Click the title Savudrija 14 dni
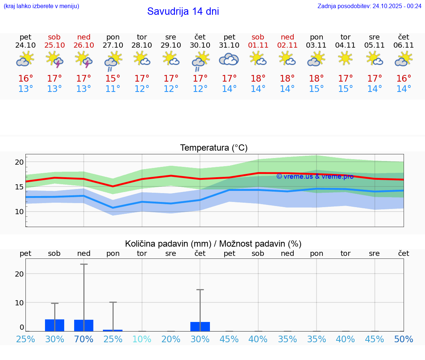(x=183, y=11)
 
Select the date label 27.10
(x=113, y=45)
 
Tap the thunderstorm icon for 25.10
(x=55, y=59)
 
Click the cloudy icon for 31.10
(x=229, y=59)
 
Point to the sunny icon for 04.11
(x=345, y=58)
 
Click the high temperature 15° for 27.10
(x=113, y=78)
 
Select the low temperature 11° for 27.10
(x=113, y=89)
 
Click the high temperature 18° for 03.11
(x=317, y=78)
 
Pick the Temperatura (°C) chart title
(x=214, y=148)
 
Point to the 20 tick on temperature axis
(x=20, y=162)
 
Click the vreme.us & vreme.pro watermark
(x=315, y=176)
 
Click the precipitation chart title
(x=213, y=244)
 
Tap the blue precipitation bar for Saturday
(x=55, y=325)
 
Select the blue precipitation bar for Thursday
(x=200, y=326)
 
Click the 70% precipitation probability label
(x=84, y=339)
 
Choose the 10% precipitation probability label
(x=142, y=339)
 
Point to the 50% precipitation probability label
(x=404, y=339)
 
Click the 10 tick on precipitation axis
(x=20, y=303)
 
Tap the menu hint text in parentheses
(x=41, y=6)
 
